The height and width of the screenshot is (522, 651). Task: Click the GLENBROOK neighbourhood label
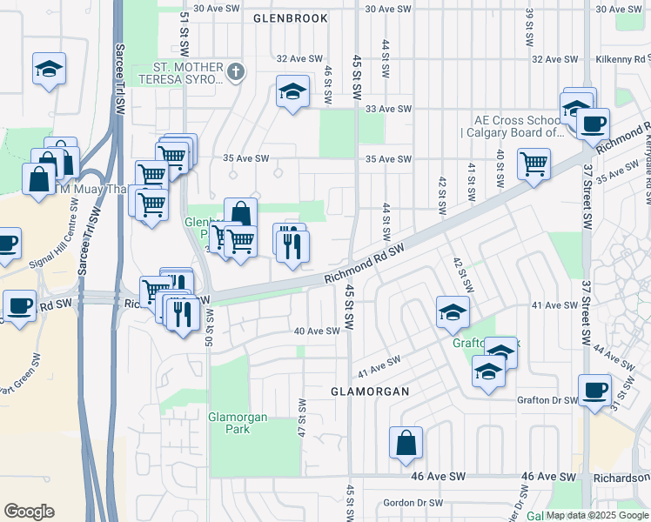pyautogui.click(x=291, y=17)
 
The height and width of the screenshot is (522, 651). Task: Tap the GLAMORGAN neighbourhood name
pyautogui.click(x=370, y=391)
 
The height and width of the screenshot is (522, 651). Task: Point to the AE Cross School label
pyautogui.click(x=517, y=126)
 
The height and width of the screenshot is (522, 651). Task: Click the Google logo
pyautogui.click(x=29, y=511)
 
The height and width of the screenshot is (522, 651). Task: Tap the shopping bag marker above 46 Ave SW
pyautogui.click(x=406, y=443)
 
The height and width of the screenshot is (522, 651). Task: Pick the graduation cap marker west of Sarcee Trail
pyautogui.click(x=50, y=68)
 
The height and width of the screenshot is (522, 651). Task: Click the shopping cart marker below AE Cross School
pyautogui.click(x=533, y=162)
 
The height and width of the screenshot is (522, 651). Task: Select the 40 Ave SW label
pyautogui.click(x=317, y=331)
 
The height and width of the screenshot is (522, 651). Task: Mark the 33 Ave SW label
pyautogui.click(x=387, y=109)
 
